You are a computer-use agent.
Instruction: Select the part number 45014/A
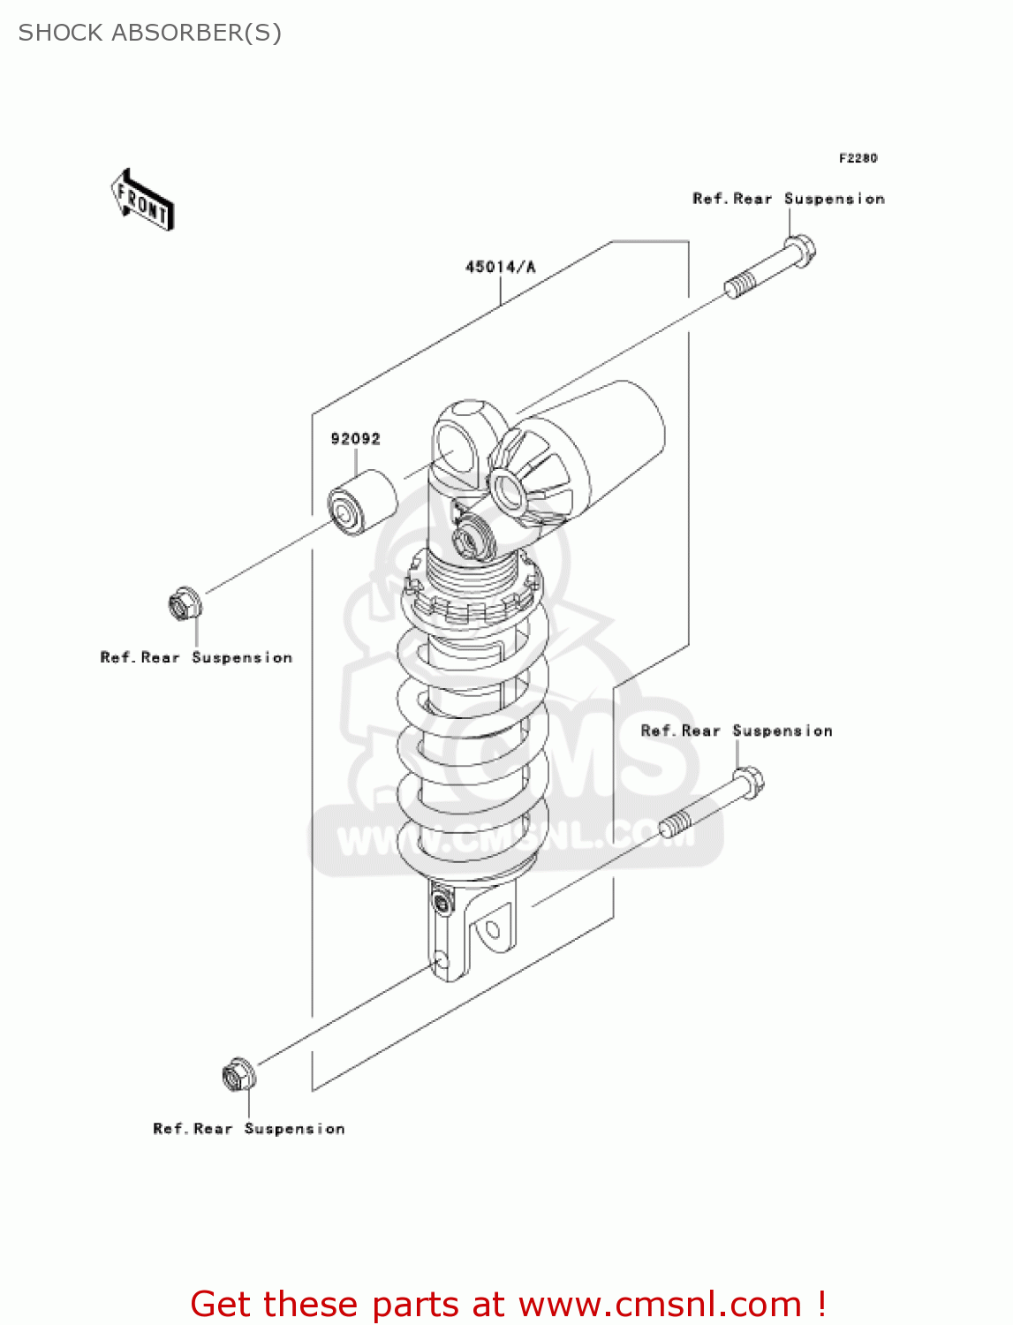(500, 267)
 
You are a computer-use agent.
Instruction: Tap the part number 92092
(355, 439)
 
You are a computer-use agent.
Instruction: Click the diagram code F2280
(858, 158)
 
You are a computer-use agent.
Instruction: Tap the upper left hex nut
(185, 604)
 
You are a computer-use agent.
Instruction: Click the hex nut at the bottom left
(238, 1075)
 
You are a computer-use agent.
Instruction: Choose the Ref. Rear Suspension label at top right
(788, 199)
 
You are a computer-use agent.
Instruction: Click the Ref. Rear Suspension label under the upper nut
(196, 658)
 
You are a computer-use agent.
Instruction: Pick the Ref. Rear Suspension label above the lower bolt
(737, 731)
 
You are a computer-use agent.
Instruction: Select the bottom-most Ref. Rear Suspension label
(249, 1129)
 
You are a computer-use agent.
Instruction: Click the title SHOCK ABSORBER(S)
(150, 33)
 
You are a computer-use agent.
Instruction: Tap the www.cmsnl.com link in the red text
(659, 1305)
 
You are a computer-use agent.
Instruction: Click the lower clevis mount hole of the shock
(492, 929)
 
